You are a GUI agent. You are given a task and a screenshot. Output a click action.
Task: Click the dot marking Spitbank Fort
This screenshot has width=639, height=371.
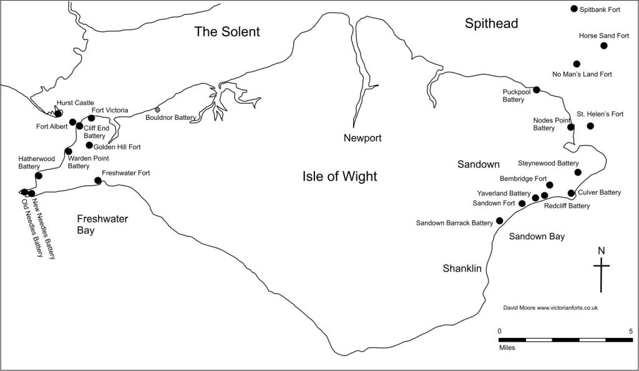click(574, 9)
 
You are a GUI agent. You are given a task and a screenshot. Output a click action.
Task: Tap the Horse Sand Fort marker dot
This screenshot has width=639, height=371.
click(604, 46)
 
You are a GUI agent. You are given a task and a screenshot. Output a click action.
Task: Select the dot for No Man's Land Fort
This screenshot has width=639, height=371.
click(577, 64)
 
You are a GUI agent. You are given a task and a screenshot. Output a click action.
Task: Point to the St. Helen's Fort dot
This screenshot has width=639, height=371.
click(590, 126)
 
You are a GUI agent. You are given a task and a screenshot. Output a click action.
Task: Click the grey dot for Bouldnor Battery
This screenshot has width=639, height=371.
click(157, 110)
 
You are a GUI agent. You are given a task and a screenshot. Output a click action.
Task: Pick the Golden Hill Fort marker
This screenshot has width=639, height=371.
click(89, 145)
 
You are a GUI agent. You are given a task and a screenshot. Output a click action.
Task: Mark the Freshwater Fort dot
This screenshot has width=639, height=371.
click(98, 181)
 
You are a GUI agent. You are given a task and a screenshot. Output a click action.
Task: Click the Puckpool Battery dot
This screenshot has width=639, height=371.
click(537, 90)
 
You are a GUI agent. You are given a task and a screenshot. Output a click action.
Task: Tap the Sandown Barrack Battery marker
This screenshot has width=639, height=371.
click(499, 220)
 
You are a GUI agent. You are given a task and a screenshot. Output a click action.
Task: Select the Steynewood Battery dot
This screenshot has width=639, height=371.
click(578, 172)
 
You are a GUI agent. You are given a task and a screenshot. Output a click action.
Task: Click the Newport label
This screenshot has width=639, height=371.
click(363, 138)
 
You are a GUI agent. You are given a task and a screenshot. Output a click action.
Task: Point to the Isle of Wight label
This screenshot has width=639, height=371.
click(340, 177)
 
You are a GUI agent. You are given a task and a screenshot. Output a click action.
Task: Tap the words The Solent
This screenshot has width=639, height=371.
click(227, 32)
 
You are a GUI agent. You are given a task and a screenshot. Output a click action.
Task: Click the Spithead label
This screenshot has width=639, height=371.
click(492, 24)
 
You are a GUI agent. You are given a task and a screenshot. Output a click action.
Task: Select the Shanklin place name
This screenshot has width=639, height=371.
click(462, 269)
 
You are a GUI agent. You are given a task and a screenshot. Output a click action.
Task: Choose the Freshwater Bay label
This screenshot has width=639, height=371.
click(103, 225)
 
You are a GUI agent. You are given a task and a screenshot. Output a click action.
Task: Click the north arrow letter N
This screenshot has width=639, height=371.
click(602, 250)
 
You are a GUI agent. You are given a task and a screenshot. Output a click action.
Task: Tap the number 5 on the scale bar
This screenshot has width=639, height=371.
click(631, 331)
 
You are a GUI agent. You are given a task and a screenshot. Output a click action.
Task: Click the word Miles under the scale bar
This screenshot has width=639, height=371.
click(507, 348)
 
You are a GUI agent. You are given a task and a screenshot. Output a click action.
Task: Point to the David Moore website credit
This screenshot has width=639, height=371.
click(550, 308)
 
